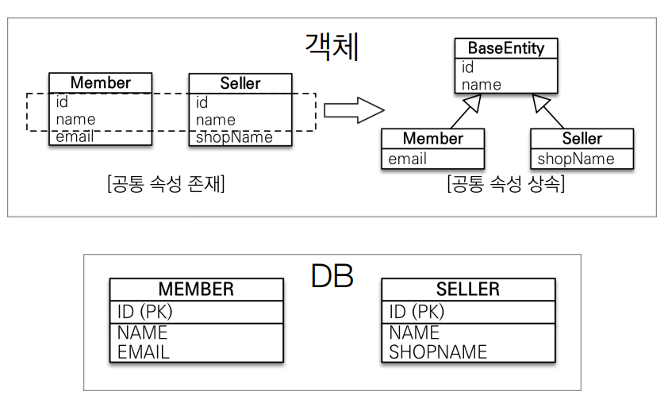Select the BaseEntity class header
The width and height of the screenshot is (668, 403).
click(506, 48)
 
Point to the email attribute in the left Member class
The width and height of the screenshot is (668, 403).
click(75, 136)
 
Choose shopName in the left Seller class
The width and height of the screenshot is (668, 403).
click(234, 137)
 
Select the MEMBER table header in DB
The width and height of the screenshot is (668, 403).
click(196, 289)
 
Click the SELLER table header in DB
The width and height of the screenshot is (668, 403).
click(467, 289)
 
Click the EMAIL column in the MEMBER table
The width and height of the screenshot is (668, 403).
click(144, 351)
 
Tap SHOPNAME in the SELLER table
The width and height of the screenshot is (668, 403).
click(438, 351)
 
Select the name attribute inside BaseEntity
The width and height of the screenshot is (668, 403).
click(482, 84)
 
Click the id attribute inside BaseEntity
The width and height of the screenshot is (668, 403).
click(468, 67)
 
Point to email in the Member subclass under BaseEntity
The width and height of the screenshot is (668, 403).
click(407, 159)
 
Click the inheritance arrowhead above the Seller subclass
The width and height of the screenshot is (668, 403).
click(539, 101)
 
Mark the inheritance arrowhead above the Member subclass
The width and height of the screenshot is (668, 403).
click(473, 101)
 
